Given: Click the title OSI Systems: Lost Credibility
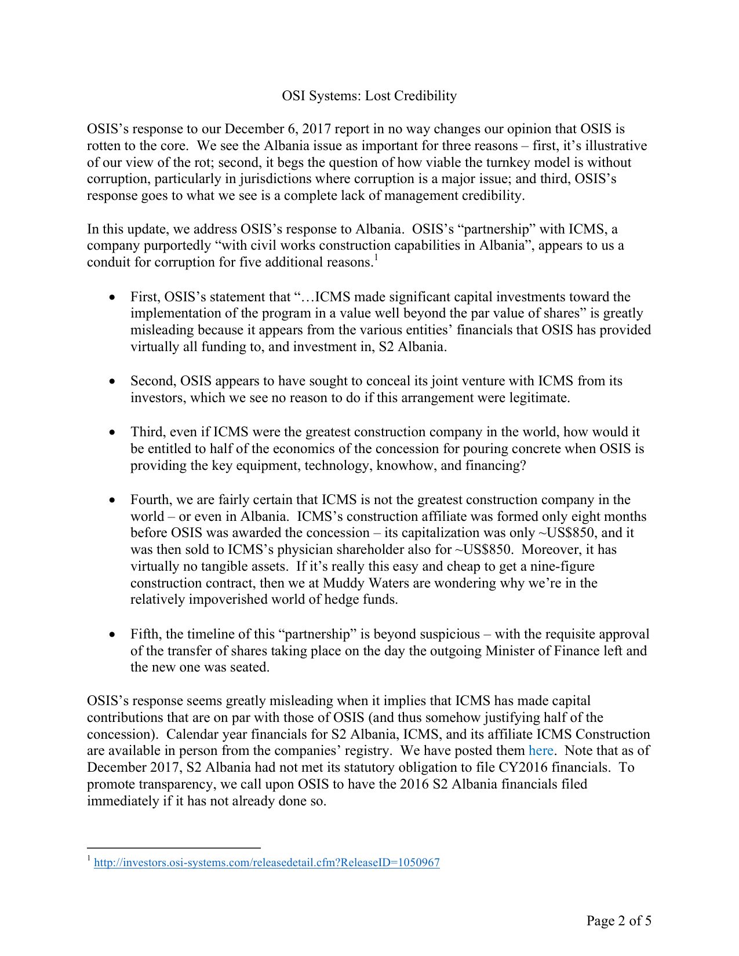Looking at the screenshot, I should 369,96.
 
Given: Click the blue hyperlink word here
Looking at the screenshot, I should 541,750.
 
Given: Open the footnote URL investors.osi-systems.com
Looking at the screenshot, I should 267,862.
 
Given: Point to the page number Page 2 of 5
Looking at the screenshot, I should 618,920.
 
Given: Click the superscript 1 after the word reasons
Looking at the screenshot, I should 376,257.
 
